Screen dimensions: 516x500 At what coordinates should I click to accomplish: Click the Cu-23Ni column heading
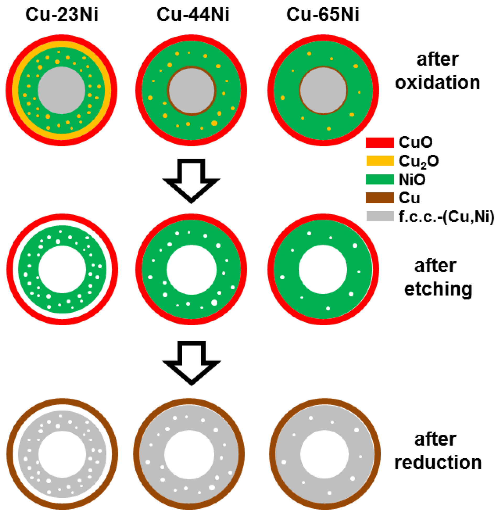62,14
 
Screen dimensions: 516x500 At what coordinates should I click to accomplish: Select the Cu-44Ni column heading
193,14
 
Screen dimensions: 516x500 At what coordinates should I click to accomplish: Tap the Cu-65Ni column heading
323,14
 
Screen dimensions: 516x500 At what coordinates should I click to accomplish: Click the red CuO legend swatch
380,143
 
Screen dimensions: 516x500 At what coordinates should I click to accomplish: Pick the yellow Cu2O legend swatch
380,161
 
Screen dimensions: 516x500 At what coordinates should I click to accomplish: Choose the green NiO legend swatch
380,179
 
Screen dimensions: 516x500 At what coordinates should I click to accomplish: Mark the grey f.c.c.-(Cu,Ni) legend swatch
380,216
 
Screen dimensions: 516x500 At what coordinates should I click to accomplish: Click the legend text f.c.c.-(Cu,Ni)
446,217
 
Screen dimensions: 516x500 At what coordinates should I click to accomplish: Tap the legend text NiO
412,180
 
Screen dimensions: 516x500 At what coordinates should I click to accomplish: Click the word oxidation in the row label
437,83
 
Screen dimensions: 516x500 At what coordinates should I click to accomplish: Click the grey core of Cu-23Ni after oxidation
62,90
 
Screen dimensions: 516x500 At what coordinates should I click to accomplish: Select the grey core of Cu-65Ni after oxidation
323,90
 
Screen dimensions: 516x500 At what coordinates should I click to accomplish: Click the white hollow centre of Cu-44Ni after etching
192,270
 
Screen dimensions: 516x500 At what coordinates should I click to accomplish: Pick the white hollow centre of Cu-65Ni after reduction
324,454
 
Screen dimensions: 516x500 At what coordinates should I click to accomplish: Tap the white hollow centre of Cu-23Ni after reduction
62,454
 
